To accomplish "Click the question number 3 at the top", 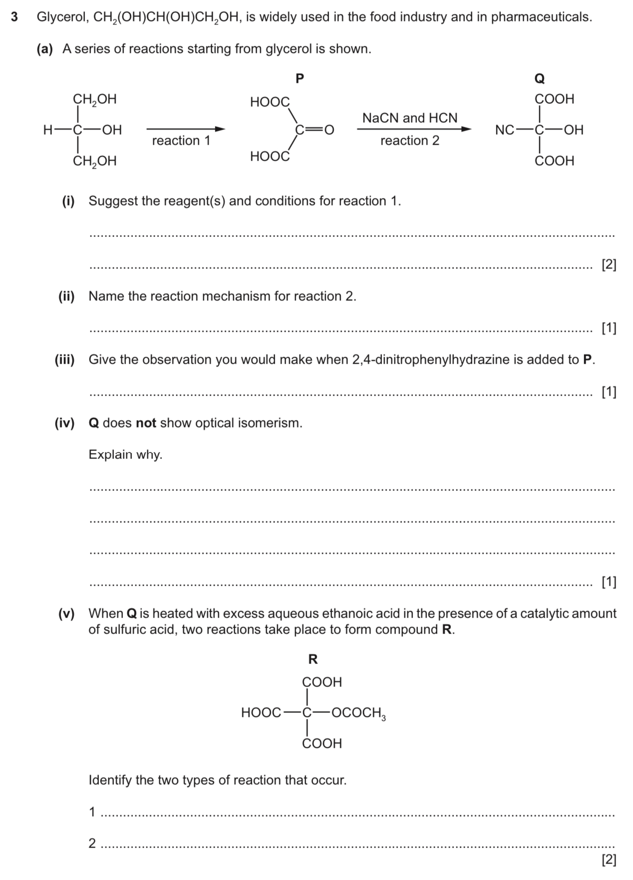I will (14, 17).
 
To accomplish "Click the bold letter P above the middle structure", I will (300, 78).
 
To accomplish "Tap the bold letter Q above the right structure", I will (540, 79).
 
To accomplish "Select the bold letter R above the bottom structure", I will (313, 660).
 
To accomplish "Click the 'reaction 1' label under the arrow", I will (181, 141).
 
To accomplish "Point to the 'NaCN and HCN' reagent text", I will (409, 118).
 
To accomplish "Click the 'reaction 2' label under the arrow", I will (409, 141).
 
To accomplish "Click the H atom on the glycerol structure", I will (48, 130).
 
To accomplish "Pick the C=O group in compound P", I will (314, 130).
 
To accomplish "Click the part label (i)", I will (68, 201).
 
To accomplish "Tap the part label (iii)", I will (64, 360).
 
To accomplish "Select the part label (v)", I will (66, 614).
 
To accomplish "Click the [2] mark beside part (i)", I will (609, 265).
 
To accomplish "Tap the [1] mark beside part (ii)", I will (609, 328).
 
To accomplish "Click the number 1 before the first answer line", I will (92, 812).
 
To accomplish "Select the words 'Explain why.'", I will (125, 454).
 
